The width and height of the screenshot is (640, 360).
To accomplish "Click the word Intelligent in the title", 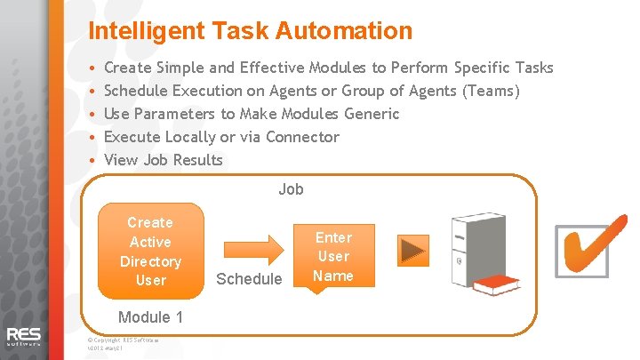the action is tap(148, 31).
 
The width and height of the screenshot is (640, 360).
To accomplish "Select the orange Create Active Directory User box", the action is tap(150, 251).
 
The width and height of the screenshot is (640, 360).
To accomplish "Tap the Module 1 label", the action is tap(150, 317).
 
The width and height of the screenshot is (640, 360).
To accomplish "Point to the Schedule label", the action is tap(249, 279).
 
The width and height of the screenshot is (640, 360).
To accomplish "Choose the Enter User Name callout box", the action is tap(333, 256).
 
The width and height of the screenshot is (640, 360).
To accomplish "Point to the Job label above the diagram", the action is tap(291, 188).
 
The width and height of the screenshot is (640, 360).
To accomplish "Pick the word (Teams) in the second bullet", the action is tap(491, 91).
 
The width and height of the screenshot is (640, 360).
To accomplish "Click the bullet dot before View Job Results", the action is tap(92, 161).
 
